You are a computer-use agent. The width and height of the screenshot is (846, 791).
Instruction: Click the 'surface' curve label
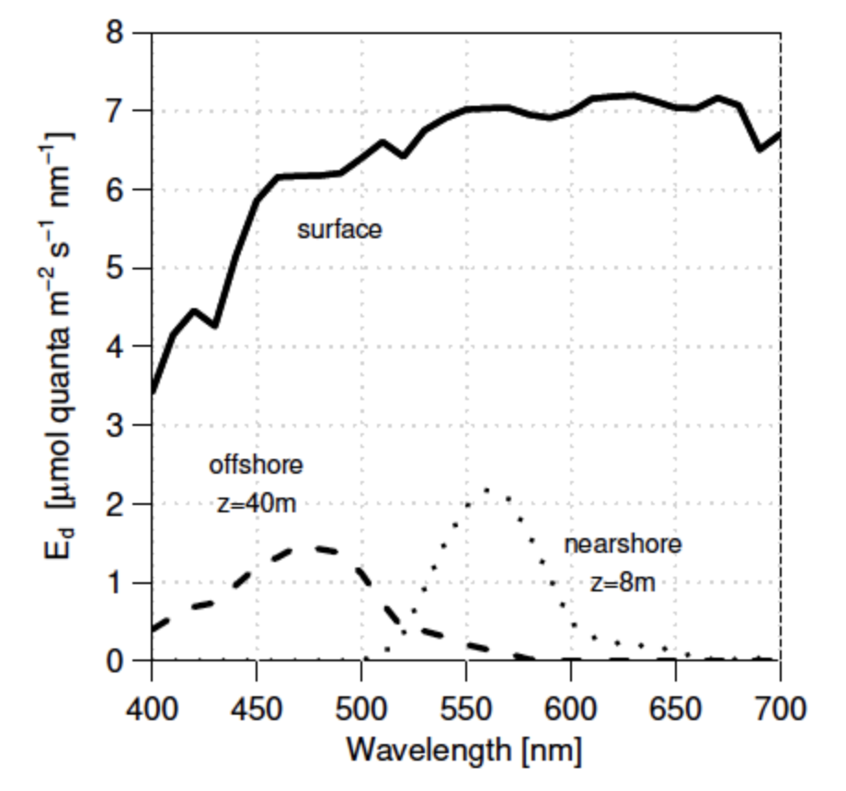[x=338, y=229]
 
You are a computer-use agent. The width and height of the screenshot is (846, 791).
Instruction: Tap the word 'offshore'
[x=256, y=464]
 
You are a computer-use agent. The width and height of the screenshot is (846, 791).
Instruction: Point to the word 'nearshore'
[x=623, y=544]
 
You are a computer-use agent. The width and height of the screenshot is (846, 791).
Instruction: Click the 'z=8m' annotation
[x=623, y=582]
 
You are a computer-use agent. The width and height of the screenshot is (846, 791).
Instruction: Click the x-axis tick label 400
[x=152, y=709]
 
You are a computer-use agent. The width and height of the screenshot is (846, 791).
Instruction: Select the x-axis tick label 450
[x=257, y=709]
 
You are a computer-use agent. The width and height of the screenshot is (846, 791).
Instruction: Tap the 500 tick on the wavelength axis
[x=361, y=709]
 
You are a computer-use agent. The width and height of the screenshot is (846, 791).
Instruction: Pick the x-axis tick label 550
[x=466, y=709]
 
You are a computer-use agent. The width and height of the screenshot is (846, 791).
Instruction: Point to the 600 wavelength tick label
[x=571, y=709]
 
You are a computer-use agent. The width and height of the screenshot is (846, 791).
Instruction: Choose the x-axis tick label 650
[x=676, y=709]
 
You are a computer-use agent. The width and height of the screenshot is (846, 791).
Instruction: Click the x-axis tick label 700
[x=780, y=709]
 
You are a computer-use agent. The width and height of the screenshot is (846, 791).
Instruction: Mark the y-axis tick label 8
[x=116, y=32]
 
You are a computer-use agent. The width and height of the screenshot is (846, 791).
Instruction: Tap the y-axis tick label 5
[x=116, y=269]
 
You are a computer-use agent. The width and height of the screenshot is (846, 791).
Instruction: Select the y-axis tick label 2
[x=116, y=504]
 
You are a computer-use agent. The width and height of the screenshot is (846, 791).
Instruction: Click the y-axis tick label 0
[x=116, y=661]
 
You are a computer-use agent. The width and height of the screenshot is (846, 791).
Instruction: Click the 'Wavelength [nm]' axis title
[x=463, y=751]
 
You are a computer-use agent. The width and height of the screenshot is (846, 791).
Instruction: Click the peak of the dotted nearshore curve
[x=486, y=488]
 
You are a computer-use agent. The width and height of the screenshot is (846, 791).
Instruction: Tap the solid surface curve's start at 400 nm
[x=153, y=390]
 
